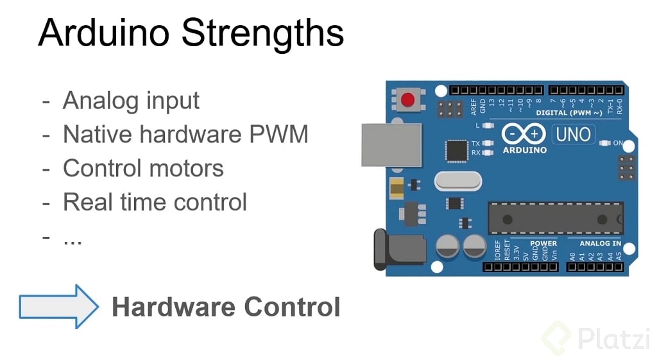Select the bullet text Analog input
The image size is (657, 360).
[x=131, y=101]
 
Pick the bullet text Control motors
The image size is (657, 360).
[x=143, y=168]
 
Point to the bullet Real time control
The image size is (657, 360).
[x=155, y=202]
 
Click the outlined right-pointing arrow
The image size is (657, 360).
[x=58, y=307]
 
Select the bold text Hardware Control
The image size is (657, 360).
[x=226, y=307]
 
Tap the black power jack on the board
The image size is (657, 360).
[x=398, y=250]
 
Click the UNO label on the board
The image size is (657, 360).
[x=572, y=135]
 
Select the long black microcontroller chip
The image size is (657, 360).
[x=554, y=218]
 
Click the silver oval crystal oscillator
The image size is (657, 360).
[x=457, y=181]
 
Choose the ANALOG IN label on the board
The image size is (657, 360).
[x=600, y=243]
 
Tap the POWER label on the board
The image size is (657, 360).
[x=543, y=243]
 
